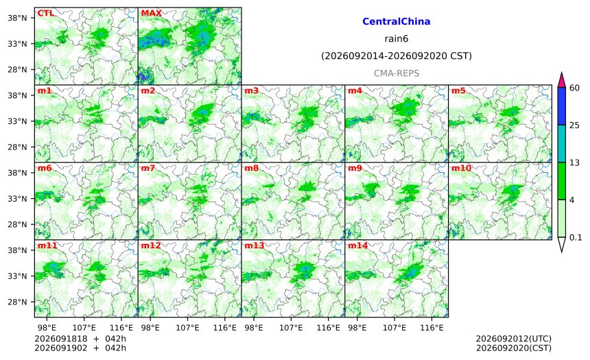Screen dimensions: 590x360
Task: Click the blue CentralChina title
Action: click(397, 21)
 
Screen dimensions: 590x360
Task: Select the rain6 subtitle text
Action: click(397, 39)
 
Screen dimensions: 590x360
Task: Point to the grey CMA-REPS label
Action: click(397, 73)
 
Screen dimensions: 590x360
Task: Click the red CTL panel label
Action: click(45, 13)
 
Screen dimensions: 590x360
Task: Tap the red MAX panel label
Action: click(151, 13)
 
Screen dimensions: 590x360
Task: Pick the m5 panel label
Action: click(458, 91)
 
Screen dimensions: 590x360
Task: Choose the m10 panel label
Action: click(461, 168)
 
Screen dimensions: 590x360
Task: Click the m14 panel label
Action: click(357, 245)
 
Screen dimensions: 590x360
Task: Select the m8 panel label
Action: click(251, 168)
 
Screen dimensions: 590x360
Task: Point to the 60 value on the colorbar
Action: click(575, 88)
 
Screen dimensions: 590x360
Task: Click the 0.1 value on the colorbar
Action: click(576, 237)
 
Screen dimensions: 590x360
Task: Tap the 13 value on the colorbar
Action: click(575, 163)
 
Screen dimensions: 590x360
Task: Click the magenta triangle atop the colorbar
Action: click(562, 80)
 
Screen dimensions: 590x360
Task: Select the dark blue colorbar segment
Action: click(562, 106)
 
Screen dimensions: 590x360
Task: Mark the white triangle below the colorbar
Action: click(562, 243)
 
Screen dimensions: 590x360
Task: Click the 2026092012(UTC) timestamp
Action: click(514, 339)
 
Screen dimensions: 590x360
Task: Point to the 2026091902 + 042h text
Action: click(80, 348)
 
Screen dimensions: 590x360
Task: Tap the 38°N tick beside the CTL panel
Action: click(17, 18)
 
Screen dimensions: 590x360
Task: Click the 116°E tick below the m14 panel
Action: click(432, 328)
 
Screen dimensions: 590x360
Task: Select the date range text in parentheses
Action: click(397, 56)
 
